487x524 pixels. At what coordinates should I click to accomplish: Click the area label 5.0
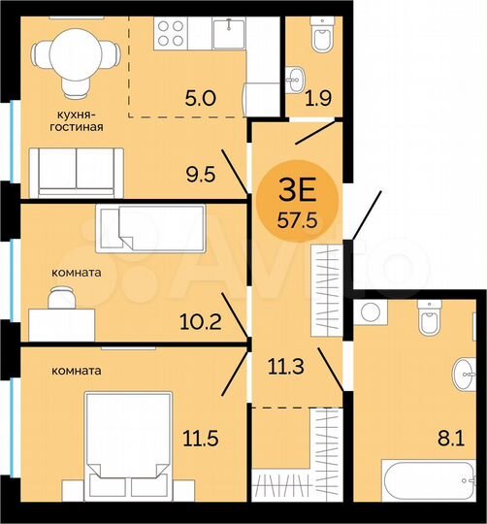pos(202,96)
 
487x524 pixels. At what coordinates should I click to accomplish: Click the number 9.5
pos(202,176)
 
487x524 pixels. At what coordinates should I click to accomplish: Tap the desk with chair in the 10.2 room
pos(60,316)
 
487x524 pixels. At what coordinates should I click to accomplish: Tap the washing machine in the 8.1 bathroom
pos(369,313)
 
